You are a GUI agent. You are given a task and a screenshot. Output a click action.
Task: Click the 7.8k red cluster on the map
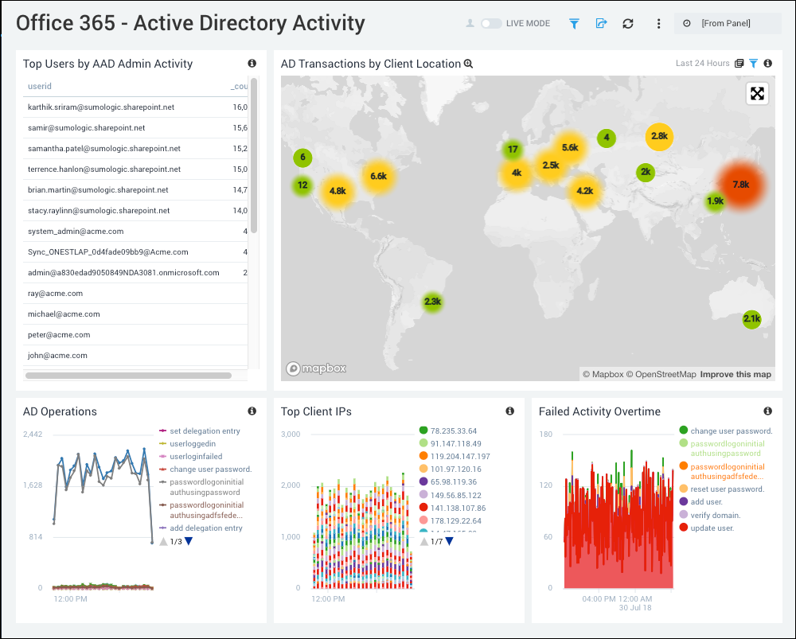tap(740, 185)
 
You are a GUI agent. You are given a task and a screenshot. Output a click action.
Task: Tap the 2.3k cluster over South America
tap(432, 302)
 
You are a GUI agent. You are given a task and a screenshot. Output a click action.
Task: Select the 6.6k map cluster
tap(378, 176)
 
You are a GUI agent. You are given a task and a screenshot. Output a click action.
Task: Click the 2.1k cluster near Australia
tap(751, 319)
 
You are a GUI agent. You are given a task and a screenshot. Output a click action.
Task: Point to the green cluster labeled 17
tap(513, 150)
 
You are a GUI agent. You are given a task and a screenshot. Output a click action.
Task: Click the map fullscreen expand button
tap(757, 94)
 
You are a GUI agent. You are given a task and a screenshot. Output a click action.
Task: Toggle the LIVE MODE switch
tap(491, 23)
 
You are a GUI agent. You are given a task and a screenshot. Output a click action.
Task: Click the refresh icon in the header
tap(628, 23)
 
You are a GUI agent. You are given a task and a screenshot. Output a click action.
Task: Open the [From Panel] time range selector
tap(726, 23)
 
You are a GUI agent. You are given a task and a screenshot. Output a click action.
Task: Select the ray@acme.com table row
tap(37, 294)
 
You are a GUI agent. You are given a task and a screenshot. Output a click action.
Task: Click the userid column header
tap(40, 86)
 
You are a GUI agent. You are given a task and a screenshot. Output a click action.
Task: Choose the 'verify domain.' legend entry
tap(715, 515)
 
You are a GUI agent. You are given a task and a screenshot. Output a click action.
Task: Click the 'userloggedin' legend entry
tap(193, 443)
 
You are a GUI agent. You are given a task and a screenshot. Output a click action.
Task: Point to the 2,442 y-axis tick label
tap(32, 434)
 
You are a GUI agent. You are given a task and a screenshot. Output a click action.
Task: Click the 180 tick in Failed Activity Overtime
tap(546, 434)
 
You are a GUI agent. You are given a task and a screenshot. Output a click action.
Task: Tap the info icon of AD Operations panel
tap(252, 411)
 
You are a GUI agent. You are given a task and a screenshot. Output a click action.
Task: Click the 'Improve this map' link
tap(736, 374)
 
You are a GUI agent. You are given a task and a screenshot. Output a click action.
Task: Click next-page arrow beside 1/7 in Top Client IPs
tap(450, 541)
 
